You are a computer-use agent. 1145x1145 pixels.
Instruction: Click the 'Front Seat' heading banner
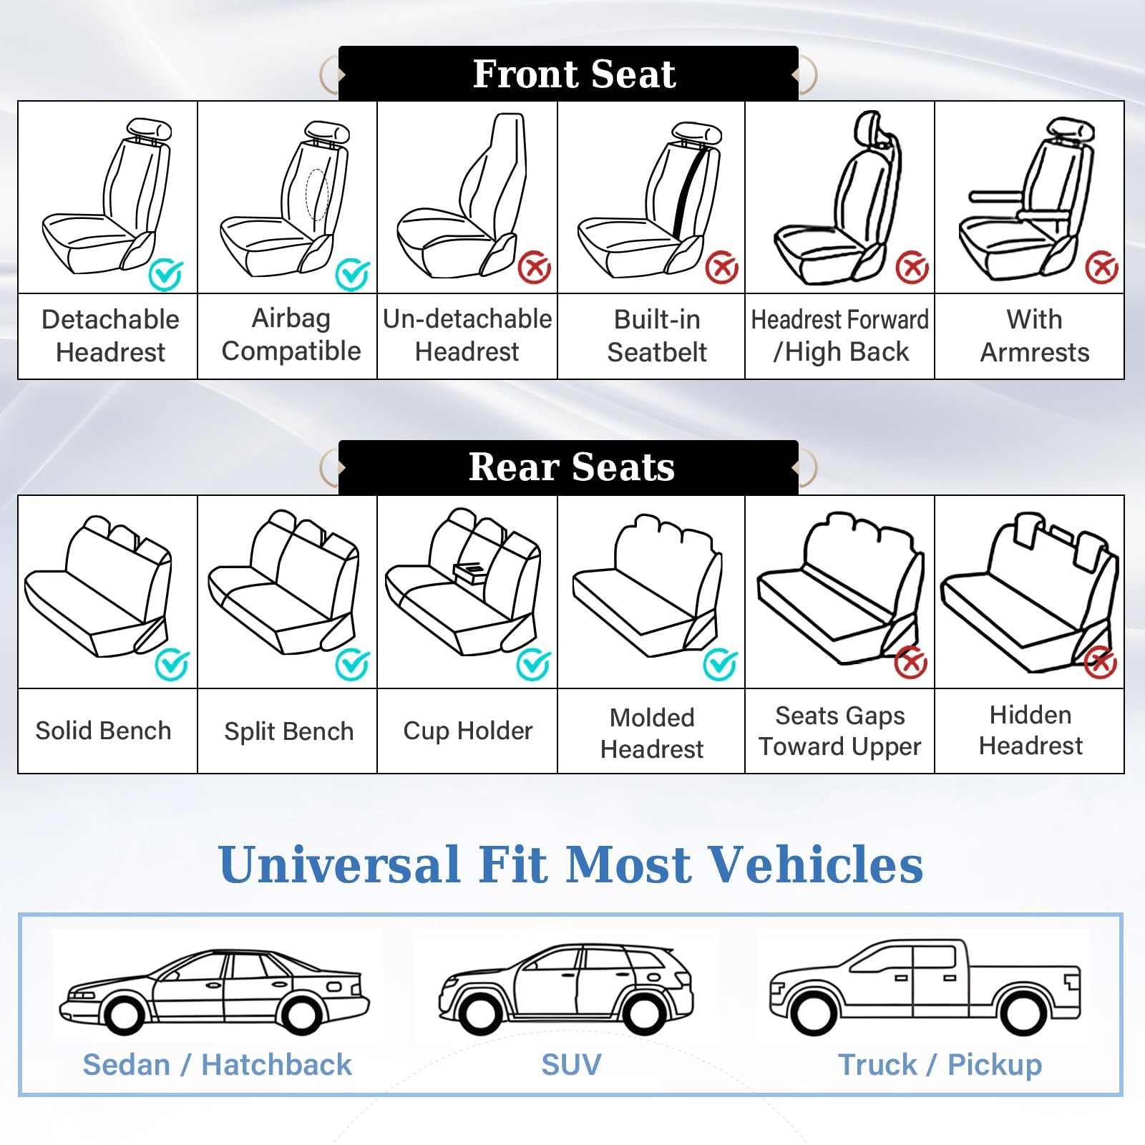[x=572, y=74]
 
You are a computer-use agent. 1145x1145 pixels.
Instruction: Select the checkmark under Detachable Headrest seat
[x=166, y=274]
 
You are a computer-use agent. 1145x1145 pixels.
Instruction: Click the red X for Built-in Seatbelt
[x=722, y=268]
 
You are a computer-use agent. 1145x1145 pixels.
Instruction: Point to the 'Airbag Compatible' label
[x=291, y=335]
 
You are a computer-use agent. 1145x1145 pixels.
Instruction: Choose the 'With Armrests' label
[x=1034, y=336]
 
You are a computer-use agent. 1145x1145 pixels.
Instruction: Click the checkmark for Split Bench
[x=352, y=665]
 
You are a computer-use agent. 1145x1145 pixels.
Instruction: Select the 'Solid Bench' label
[x=104, y=731]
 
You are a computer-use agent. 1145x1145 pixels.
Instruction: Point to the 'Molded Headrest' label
[x=652, y=733]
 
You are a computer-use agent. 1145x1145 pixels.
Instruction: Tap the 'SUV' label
[x=571, y=1064]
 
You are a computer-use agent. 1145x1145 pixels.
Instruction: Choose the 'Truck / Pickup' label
[x=940, y=1064]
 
